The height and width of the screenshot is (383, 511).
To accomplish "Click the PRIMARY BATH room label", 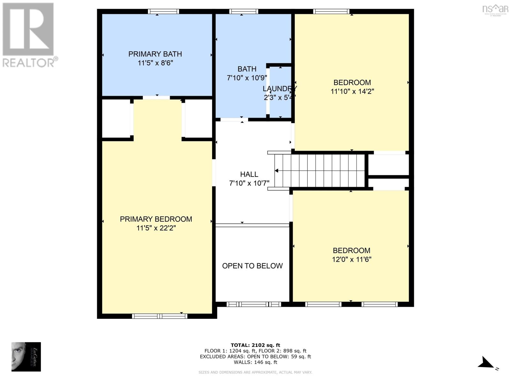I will click(155, 54).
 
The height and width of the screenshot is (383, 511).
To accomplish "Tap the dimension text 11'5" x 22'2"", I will click(156, 228).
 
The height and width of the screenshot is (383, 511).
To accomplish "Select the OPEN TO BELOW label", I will click(252, 266).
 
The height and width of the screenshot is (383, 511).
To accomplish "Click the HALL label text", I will click(249, 174).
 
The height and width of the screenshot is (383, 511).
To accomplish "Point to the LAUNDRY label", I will click(279, 89).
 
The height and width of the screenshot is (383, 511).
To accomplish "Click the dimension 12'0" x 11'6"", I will click(352, 259).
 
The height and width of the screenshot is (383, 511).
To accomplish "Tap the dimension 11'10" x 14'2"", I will click(352, 91).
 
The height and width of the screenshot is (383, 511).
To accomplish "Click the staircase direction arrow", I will click(277, 171).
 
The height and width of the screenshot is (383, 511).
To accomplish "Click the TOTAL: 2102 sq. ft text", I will click(255, 345).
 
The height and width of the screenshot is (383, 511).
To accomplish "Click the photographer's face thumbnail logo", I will click(26, 357).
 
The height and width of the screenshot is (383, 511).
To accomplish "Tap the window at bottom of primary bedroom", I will click(160, 316).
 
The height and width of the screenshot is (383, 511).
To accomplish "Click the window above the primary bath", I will click(163, 11).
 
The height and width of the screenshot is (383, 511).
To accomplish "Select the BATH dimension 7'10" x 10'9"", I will click(247, 78).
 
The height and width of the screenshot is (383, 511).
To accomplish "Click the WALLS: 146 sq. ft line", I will click(255, 362).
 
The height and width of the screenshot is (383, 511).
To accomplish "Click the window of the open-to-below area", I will click(254, 304).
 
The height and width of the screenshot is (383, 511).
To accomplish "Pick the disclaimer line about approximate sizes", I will click(255, 372).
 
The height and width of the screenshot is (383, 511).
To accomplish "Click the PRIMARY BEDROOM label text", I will click(156, 219).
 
